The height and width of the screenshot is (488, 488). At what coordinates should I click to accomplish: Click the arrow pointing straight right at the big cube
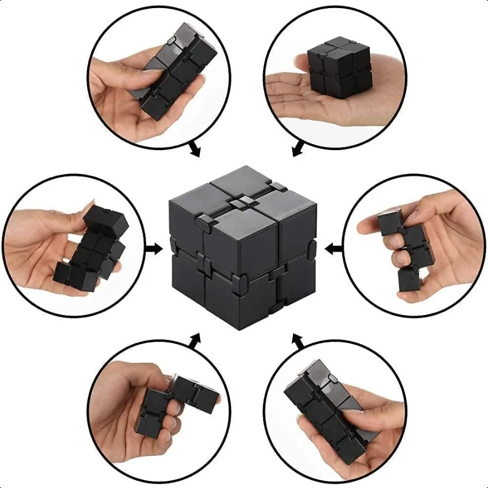point(155,249)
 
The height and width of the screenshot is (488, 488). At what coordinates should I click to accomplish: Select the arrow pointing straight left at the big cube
point(333,249)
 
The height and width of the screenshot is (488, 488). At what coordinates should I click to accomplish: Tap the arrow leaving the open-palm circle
point(298,148)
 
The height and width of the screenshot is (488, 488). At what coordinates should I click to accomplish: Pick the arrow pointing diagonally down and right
point(193,149)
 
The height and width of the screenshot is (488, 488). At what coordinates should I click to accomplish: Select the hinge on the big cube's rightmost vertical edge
point(312,248)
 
